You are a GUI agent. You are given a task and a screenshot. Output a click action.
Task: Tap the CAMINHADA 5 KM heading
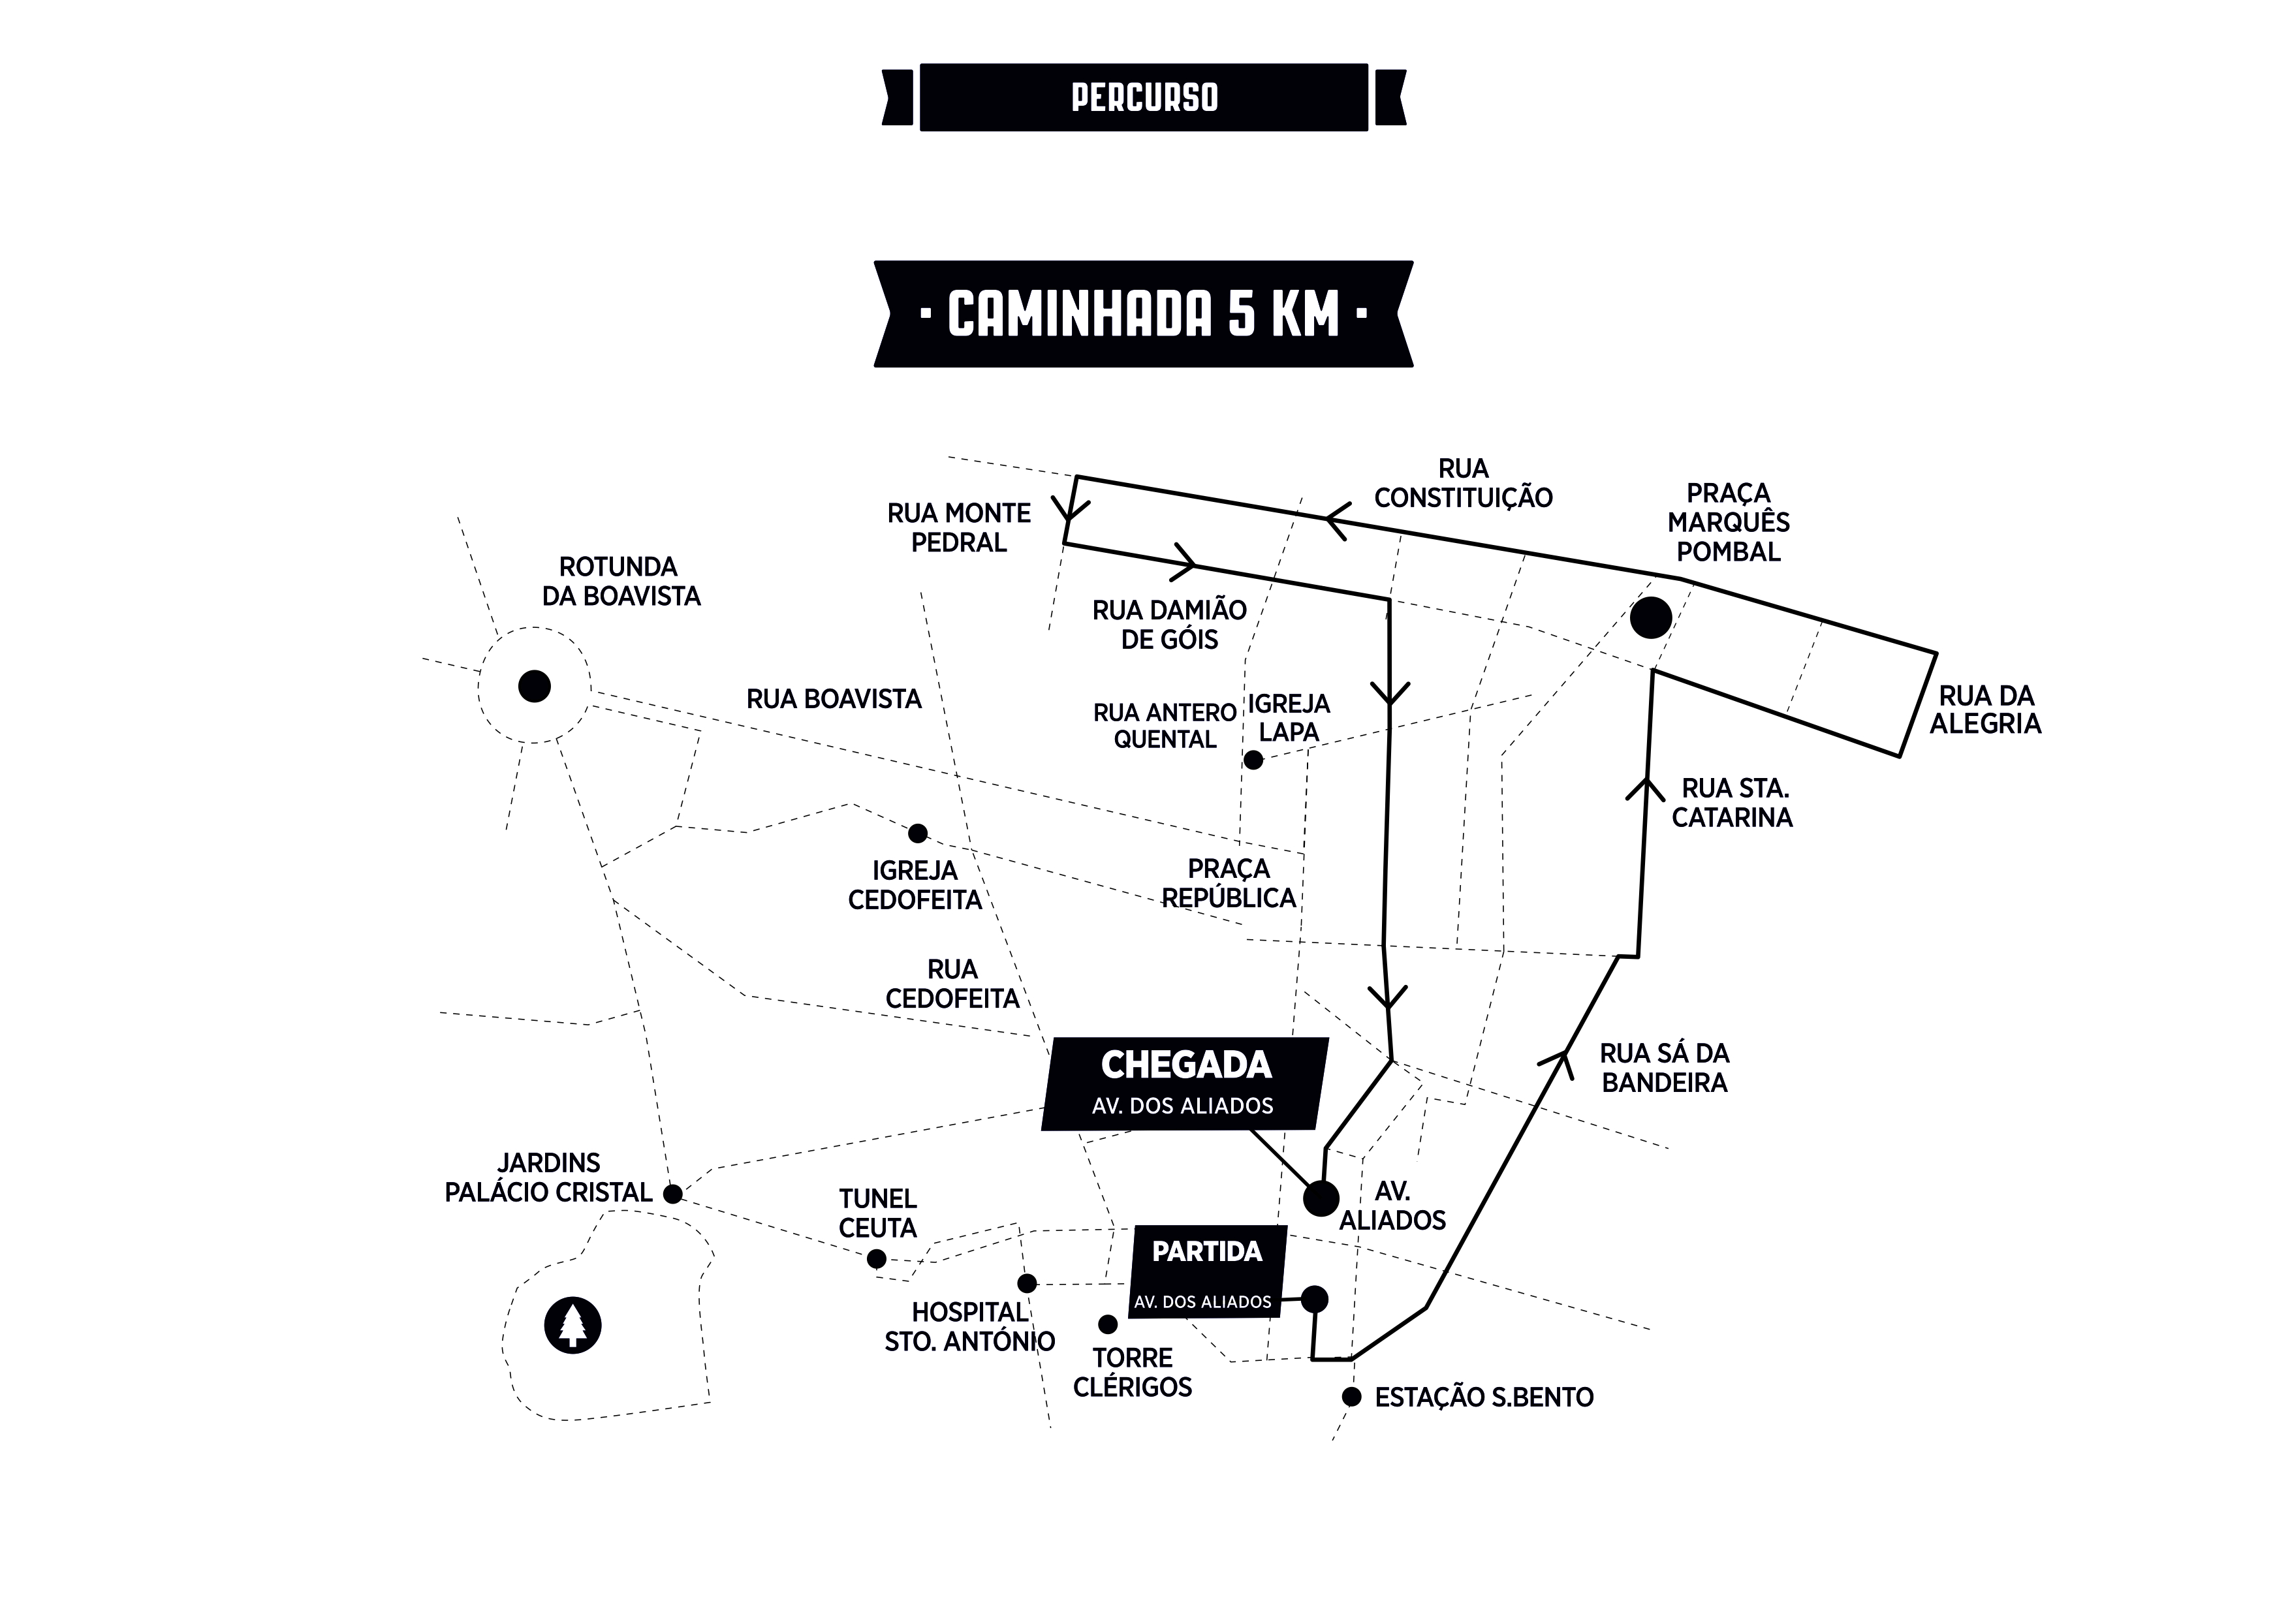point(1143,314)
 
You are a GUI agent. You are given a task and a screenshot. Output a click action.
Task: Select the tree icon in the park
point(572,1326)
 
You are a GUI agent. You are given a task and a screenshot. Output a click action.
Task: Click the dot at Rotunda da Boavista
point(535,686)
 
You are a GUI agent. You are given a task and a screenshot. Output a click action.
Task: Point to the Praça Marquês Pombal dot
point(1651,617)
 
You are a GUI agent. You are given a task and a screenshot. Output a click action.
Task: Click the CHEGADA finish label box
point(1185,1083)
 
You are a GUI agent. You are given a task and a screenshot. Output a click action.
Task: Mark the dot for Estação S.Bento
point(1351,1397)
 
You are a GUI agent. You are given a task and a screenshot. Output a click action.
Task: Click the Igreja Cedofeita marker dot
point(918,833)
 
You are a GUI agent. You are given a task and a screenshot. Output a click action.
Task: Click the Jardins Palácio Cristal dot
point(672,1194)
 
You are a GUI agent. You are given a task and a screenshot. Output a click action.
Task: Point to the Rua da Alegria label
point(1984,709)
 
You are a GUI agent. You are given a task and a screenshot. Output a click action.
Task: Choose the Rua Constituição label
point(1463,483)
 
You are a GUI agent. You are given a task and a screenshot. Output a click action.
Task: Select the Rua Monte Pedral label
point(958,527)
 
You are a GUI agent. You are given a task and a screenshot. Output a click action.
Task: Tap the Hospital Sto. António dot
point(1027,1283)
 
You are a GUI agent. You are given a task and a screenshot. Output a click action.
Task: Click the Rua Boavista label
point(834,699)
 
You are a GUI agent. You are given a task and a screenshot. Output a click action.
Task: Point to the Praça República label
point(1229,883)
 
